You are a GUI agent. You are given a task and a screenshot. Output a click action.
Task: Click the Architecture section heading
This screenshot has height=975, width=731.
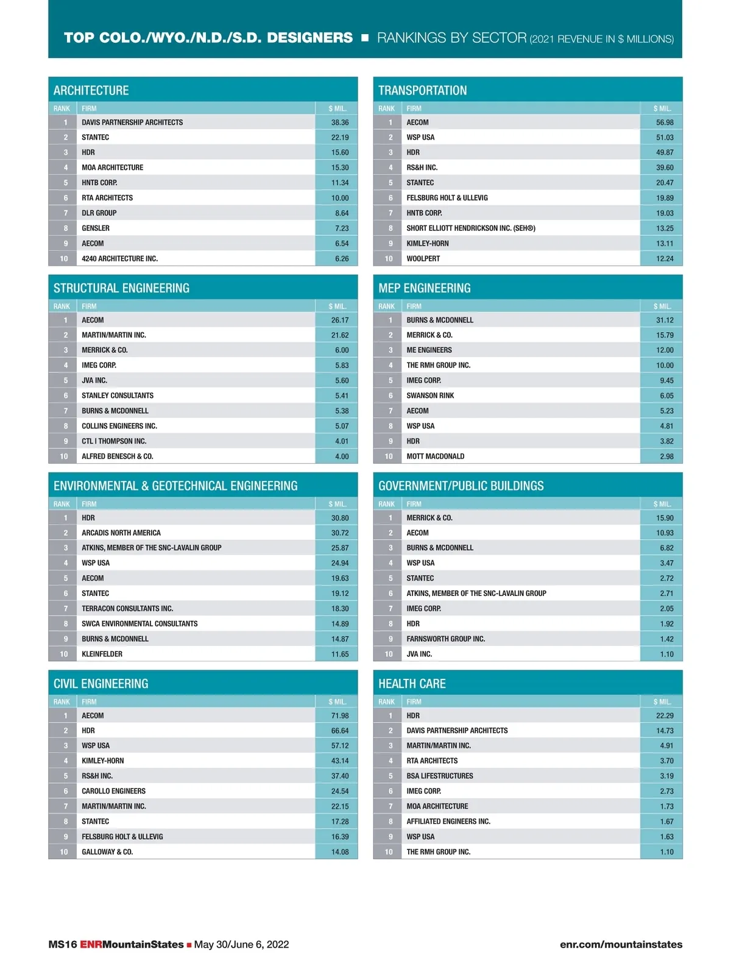tap(91, 90)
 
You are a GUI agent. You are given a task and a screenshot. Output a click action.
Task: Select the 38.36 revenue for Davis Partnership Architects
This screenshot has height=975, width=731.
tap(340, 122)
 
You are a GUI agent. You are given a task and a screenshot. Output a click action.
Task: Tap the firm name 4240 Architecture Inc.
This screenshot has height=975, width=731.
tap(120, 259)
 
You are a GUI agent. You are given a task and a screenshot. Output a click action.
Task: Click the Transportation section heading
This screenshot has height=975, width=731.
tap(423, 90)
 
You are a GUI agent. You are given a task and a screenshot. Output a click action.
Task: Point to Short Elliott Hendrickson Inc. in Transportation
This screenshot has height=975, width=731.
tap(471, 229)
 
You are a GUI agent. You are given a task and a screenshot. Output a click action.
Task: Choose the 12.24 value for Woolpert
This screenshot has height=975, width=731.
tap(665, 259)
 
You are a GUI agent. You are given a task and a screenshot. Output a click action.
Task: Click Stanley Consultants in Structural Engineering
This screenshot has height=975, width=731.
tap(118, 395)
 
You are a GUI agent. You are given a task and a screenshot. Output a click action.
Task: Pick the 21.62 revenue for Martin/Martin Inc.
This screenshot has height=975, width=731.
tap(340, 335)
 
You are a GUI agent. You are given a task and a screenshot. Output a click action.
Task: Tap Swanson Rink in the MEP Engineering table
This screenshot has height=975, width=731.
tap(430, 395)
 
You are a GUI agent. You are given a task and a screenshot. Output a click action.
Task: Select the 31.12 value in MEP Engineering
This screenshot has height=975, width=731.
tap(665, 320)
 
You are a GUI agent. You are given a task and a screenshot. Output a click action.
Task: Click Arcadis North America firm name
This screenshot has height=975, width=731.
tap(121, 533)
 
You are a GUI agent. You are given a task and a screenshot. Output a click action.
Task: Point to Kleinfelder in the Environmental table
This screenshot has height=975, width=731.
tap(102, 654)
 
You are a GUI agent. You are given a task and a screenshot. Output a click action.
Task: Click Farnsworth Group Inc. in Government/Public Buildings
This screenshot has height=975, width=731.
tap(446, 639)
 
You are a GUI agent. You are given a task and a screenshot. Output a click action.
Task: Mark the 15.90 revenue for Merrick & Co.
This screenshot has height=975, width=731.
tap(665, 518)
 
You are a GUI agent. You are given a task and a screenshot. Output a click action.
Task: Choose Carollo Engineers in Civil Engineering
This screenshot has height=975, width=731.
tap(114, 791)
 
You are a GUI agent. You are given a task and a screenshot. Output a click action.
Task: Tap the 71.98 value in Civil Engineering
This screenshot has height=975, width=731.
tap(340, 715)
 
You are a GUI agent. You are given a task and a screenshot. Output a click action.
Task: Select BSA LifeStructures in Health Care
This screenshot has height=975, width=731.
tap(440, 776)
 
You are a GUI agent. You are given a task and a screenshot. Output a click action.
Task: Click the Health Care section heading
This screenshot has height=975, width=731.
tap(412, 684)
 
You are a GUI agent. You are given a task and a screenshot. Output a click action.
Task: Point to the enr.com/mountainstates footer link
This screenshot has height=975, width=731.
tap(621, 945)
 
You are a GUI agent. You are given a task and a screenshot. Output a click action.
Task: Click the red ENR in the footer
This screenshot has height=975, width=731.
tap(91, 945)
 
